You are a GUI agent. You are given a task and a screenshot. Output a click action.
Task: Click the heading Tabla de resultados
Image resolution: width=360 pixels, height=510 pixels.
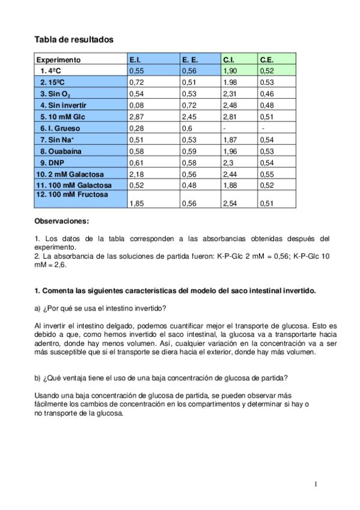(x=74, y=40)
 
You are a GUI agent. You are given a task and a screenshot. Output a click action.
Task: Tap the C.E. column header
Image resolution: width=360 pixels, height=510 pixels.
(x=267, y=60)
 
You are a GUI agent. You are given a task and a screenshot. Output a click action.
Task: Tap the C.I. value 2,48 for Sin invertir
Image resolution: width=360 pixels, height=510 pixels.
(x=231, y=105)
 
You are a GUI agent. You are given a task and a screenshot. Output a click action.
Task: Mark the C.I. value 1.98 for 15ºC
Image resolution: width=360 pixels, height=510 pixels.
(x=231, y=82)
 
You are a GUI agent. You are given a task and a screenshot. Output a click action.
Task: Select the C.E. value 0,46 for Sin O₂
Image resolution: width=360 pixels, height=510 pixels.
(x=267, y=94)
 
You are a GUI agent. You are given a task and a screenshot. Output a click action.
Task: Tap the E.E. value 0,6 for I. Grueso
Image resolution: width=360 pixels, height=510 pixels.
(x=187, y=128)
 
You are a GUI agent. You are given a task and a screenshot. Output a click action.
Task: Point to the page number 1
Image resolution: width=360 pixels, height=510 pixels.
(x=316, y=485)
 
